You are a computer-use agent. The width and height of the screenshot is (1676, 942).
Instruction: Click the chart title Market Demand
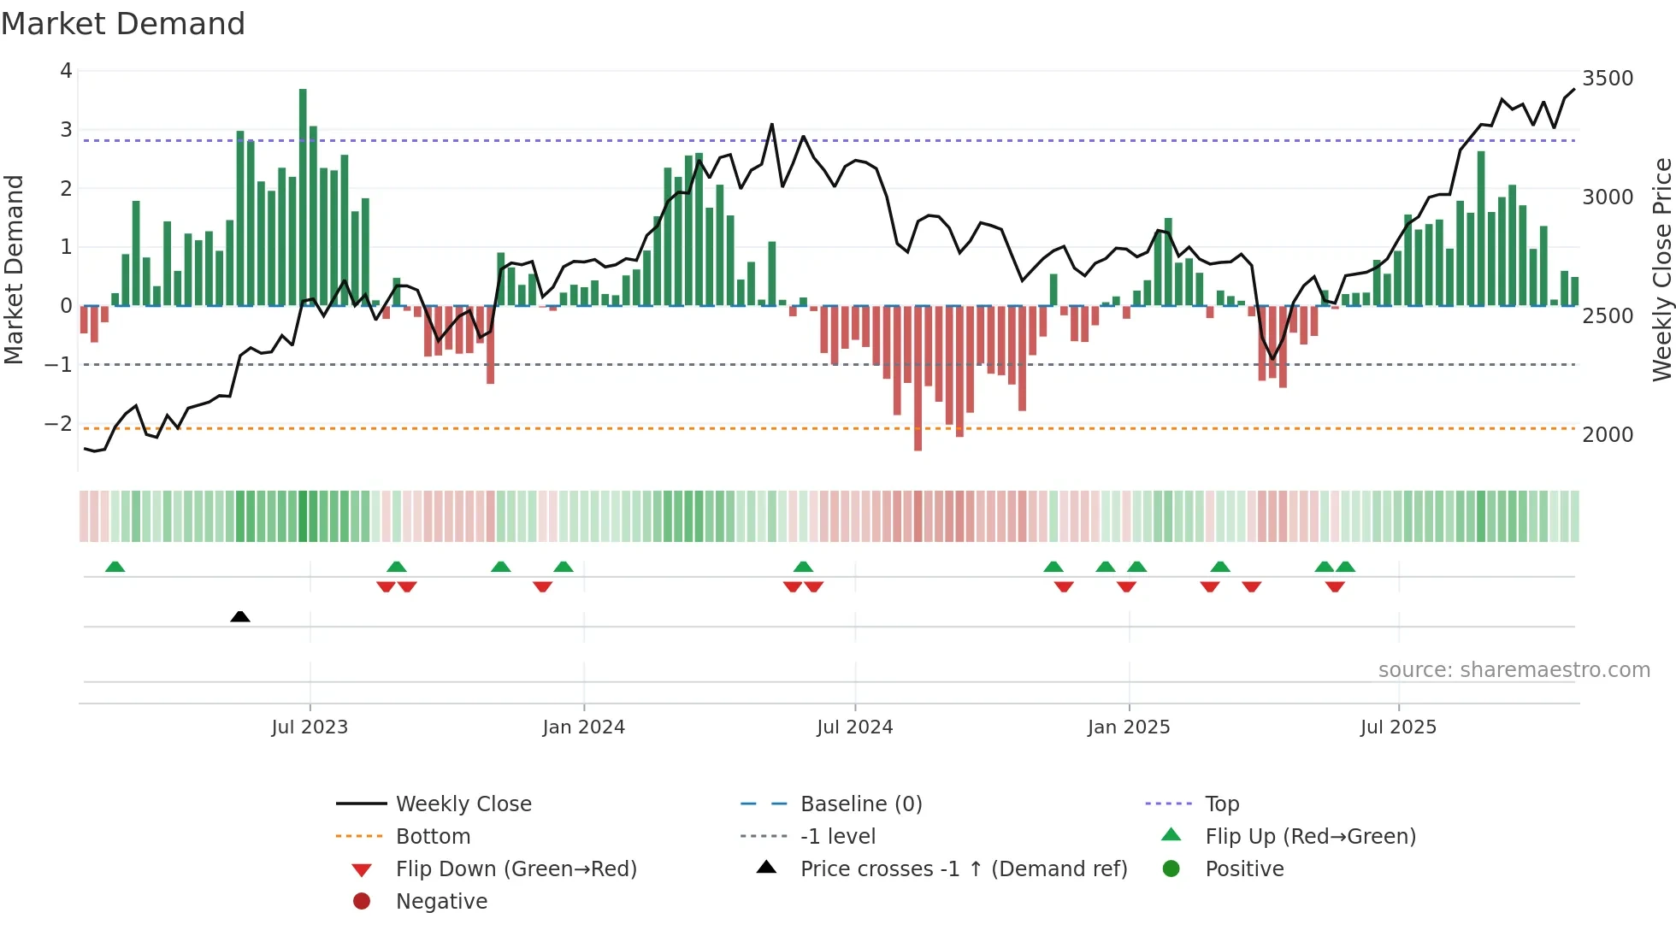coord(123,24)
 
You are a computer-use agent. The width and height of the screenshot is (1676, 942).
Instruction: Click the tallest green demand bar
coord(303,197)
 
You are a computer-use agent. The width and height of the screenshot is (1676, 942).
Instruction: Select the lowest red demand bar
coord(918,378)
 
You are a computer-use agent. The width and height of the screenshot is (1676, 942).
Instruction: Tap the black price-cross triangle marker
coord(240,616)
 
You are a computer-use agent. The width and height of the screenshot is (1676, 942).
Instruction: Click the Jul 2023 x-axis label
coord(310,727)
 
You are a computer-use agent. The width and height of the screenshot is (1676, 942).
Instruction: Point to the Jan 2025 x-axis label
coord(1129,727)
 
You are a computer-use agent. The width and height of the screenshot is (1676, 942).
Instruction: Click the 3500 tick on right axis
coord(1608,79)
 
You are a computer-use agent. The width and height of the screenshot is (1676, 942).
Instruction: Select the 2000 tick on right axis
coord(1608,435)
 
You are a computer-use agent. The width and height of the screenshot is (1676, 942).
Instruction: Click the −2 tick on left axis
coord(58,424)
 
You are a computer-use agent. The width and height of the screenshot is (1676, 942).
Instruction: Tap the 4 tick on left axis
coord(66,71)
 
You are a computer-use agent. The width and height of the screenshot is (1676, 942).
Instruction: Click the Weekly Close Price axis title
coord(1661,269)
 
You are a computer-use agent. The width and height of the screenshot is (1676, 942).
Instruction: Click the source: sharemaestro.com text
coord(1514,670)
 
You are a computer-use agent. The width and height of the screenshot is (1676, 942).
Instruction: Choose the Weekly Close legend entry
coord(463,804)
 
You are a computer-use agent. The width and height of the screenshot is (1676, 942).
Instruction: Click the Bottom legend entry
coord(433,837)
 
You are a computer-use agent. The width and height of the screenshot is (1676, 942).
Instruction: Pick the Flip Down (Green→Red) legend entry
coord(516,869)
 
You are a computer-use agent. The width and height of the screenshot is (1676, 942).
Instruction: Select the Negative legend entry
coord(441,902)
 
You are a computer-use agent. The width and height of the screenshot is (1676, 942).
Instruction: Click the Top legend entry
coord(1222,804)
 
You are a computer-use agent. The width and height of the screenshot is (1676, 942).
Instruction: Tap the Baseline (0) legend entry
coord(861,804)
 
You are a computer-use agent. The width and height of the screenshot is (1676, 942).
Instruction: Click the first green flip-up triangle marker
coord(115,567)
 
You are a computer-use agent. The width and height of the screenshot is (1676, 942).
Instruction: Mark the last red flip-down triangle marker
coord(1335,586)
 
